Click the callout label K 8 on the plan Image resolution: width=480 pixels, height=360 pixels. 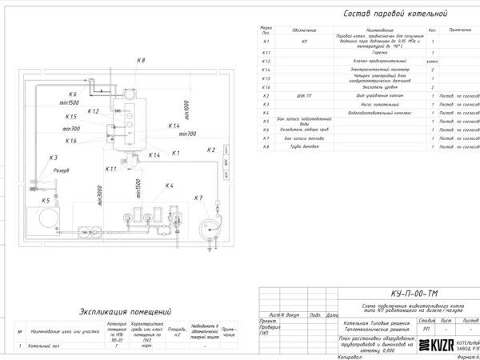click(x=140, y=62)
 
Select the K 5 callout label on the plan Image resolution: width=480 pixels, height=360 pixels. click(x=46, y=200)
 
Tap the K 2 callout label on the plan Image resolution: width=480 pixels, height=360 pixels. click(x=211, y=150)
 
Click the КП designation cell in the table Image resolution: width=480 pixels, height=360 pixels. click(x=305, y=39)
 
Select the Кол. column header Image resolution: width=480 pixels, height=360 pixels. click(x=432, y=30)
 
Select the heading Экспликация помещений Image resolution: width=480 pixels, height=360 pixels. click(x=126, y=311)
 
